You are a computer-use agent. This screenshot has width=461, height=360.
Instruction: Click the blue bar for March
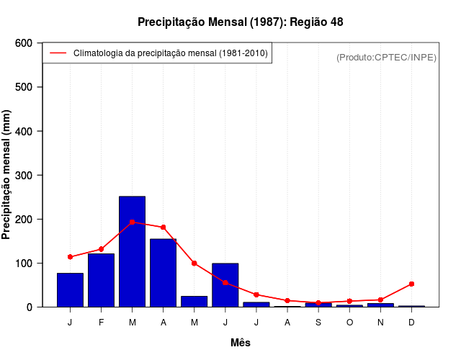(x=132, y=251)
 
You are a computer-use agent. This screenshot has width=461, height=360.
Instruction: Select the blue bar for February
(x=101, y=280)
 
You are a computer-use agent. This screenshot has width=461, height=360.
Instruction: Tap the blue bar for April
(x=163, y=273)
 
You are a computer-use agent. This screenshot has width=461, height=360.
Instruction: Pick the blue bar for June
(x=225, y=285)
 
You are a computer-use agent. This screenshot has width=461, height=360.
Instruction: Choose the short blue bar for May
(x=194, y=301)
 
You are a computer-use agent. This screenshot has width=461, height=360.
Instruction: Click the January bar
(x=70, y=290)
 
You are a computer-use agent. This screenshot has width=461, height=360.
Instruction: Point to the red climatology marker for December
(x=411, y=284)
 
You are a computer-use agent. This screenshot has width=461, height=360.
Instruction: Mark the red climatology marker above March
(x=132, y=222)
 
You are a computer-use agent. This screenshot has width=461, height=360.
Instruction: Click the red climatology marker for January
(x=70, y=257)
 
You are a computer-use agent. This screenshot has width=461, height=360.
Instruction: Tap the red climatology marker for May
(x=194, y=263)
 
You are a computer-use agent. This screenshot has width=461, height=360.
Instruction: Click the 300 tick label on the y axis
(x=23, y=175)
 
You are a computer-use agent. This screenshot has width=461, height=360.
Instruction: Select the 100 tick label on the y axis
(x=23, y=263)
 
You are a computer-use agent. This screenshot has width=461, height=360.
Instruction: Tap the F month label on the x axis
(x=101, y=322)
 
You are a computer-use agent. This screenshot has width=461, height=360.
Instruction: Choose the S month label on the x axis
(x=318, y=322)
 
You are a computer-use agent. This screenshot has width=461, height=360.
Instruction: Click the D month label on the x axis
(x=411, y=322)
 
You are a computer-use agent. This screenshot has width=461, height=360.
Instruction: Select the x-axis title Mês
(x=241, y=343)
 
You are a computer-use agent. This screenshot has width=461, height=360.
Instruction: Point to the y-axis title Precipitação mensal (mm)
(x=7, y=174)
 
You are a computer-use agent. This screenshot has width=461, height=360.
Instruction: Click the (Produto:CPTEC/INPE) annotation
(x=386, y=57)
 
